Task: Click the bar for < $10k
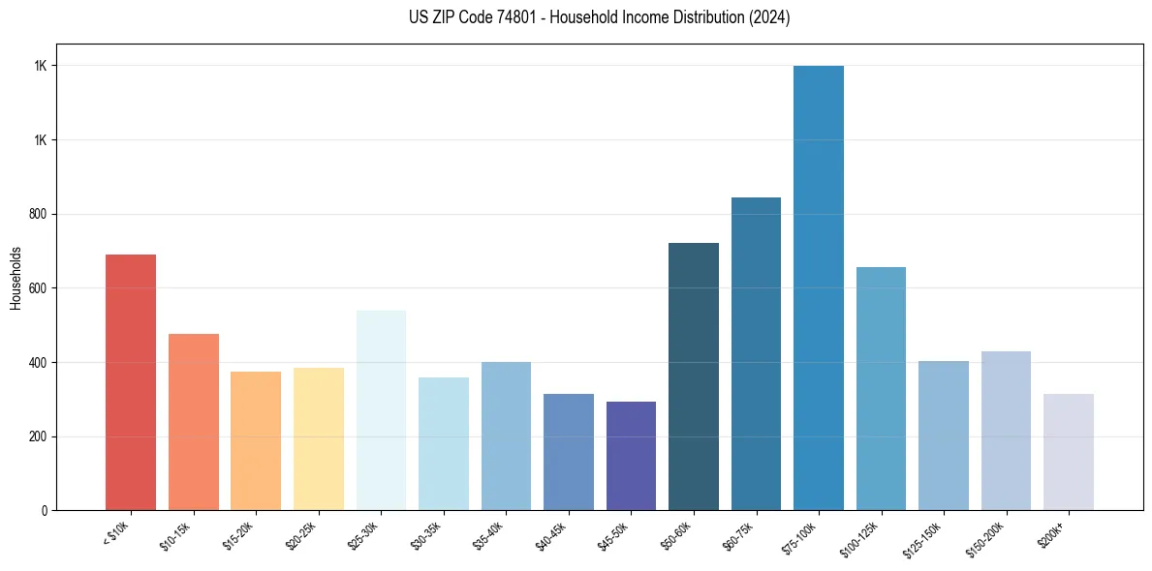[131, 382]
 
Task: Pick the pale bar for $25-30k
[381, 410]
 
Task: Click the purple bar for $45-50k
[631, 456]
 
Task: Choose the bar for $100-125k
[881, 388]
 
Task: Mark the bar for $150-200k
[1006, 431]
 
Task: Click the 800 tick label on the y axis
[39, 214]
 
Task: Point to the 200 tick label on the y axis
[39, 436]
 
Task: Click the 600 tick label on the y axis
[39, 288]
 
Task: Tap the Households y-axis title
[16, 277]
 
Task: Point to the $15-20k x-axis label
[239, 535]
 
